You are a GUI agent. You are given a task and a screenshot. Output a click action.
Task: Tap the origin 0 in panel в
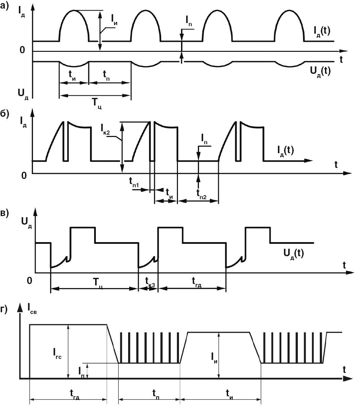pyautogui.click(x=30, y=281)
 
